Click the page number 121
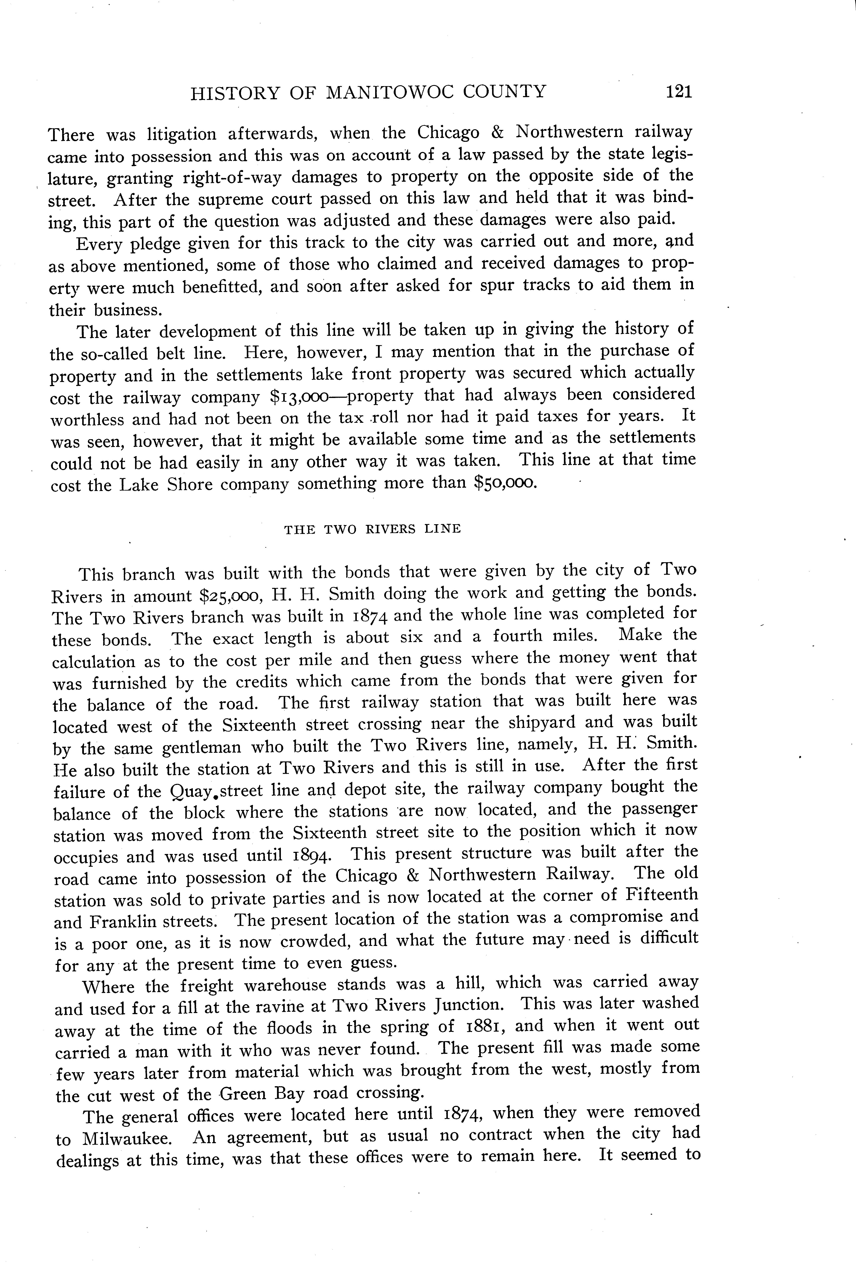point(679,91)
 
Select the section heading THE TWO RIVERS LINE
point(372,529)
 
